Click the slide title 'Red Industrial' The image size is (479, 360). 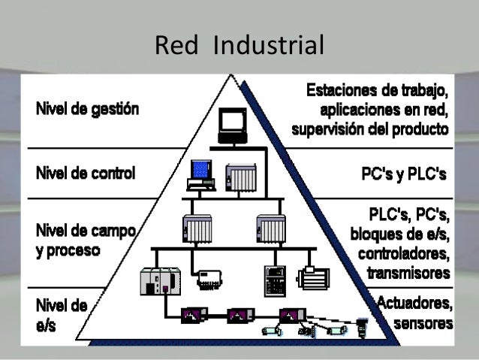(x=239, y=47)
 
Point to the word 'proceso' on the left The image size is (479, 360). (x=70, y=250)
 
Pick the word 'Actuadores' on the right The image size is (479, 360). (x=415, y=304)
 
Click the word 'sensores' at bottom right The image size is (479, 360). (x=423, y=324)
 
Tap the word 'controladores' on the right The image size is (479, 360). (x=405, y=252)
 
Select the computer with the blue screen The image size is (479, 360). (x=200, y=174)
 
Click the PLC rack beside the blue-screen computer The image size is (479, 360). (x=242, y=177)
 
